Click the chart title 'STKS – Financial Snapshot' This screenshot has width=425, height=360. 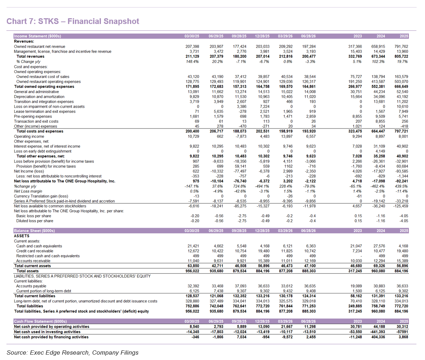click(89, 21)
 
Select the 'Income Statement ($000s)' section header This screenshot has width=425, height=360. click(38, 36)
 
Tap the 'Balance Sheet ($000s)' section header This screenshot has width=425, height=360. click(34, 231)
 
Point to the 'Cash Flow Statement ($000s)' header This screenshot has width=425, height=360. click(40, 321)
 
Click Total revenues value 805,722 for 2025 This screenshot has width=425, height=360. click(401, 57)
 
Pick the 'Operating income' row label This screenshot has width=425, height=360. click(29, 136)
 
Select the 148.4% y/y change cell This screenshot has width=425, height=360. click(192, 62)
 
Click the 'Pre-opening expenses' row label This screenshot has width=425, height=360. click(33, 116)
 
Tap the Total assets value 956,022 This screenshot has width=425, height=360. click(192, 271)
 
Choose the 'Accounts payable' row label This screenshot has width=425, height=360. click(31, 286)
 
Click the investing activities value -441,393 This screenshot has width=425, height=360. click(377, 332)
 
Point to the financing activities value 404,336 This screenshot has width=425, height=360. click(378, 337)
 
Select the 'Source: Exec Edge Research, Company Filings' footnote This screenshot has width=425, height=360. click(73, 352)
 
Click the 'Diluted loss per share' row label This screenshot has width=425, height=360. click(35, 221)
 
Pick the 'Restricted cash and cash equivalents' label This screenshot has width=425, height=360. click(48, 256)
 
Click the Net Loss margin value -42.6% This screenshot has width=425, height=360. click(240, 191)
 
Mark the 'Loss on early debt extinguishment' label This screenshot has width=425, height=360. click(43, 151)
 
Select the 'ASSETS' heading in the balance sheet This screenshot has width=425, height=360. click(22, 236)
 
